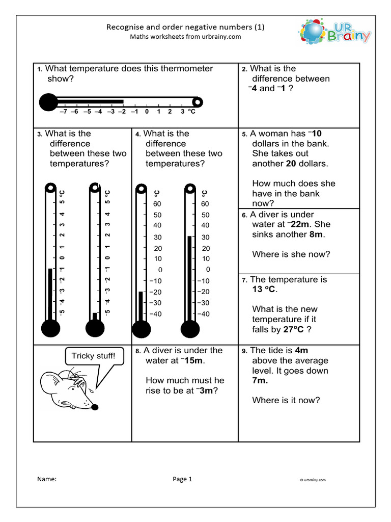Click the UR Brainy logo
coord(334,33)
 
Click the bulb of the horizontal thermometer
coord(48,102)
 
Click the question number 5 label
coord(244,134)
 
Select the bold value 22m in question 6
coord(301,224)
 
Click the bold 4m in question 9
coord(301,350)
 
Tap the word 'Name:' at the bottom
coord(47,479)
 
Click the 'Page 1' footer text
coord(182,479)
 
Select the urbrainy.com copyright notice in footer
coord(313,480)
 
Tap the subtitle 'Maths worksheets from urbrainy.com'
coord(185,37)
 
